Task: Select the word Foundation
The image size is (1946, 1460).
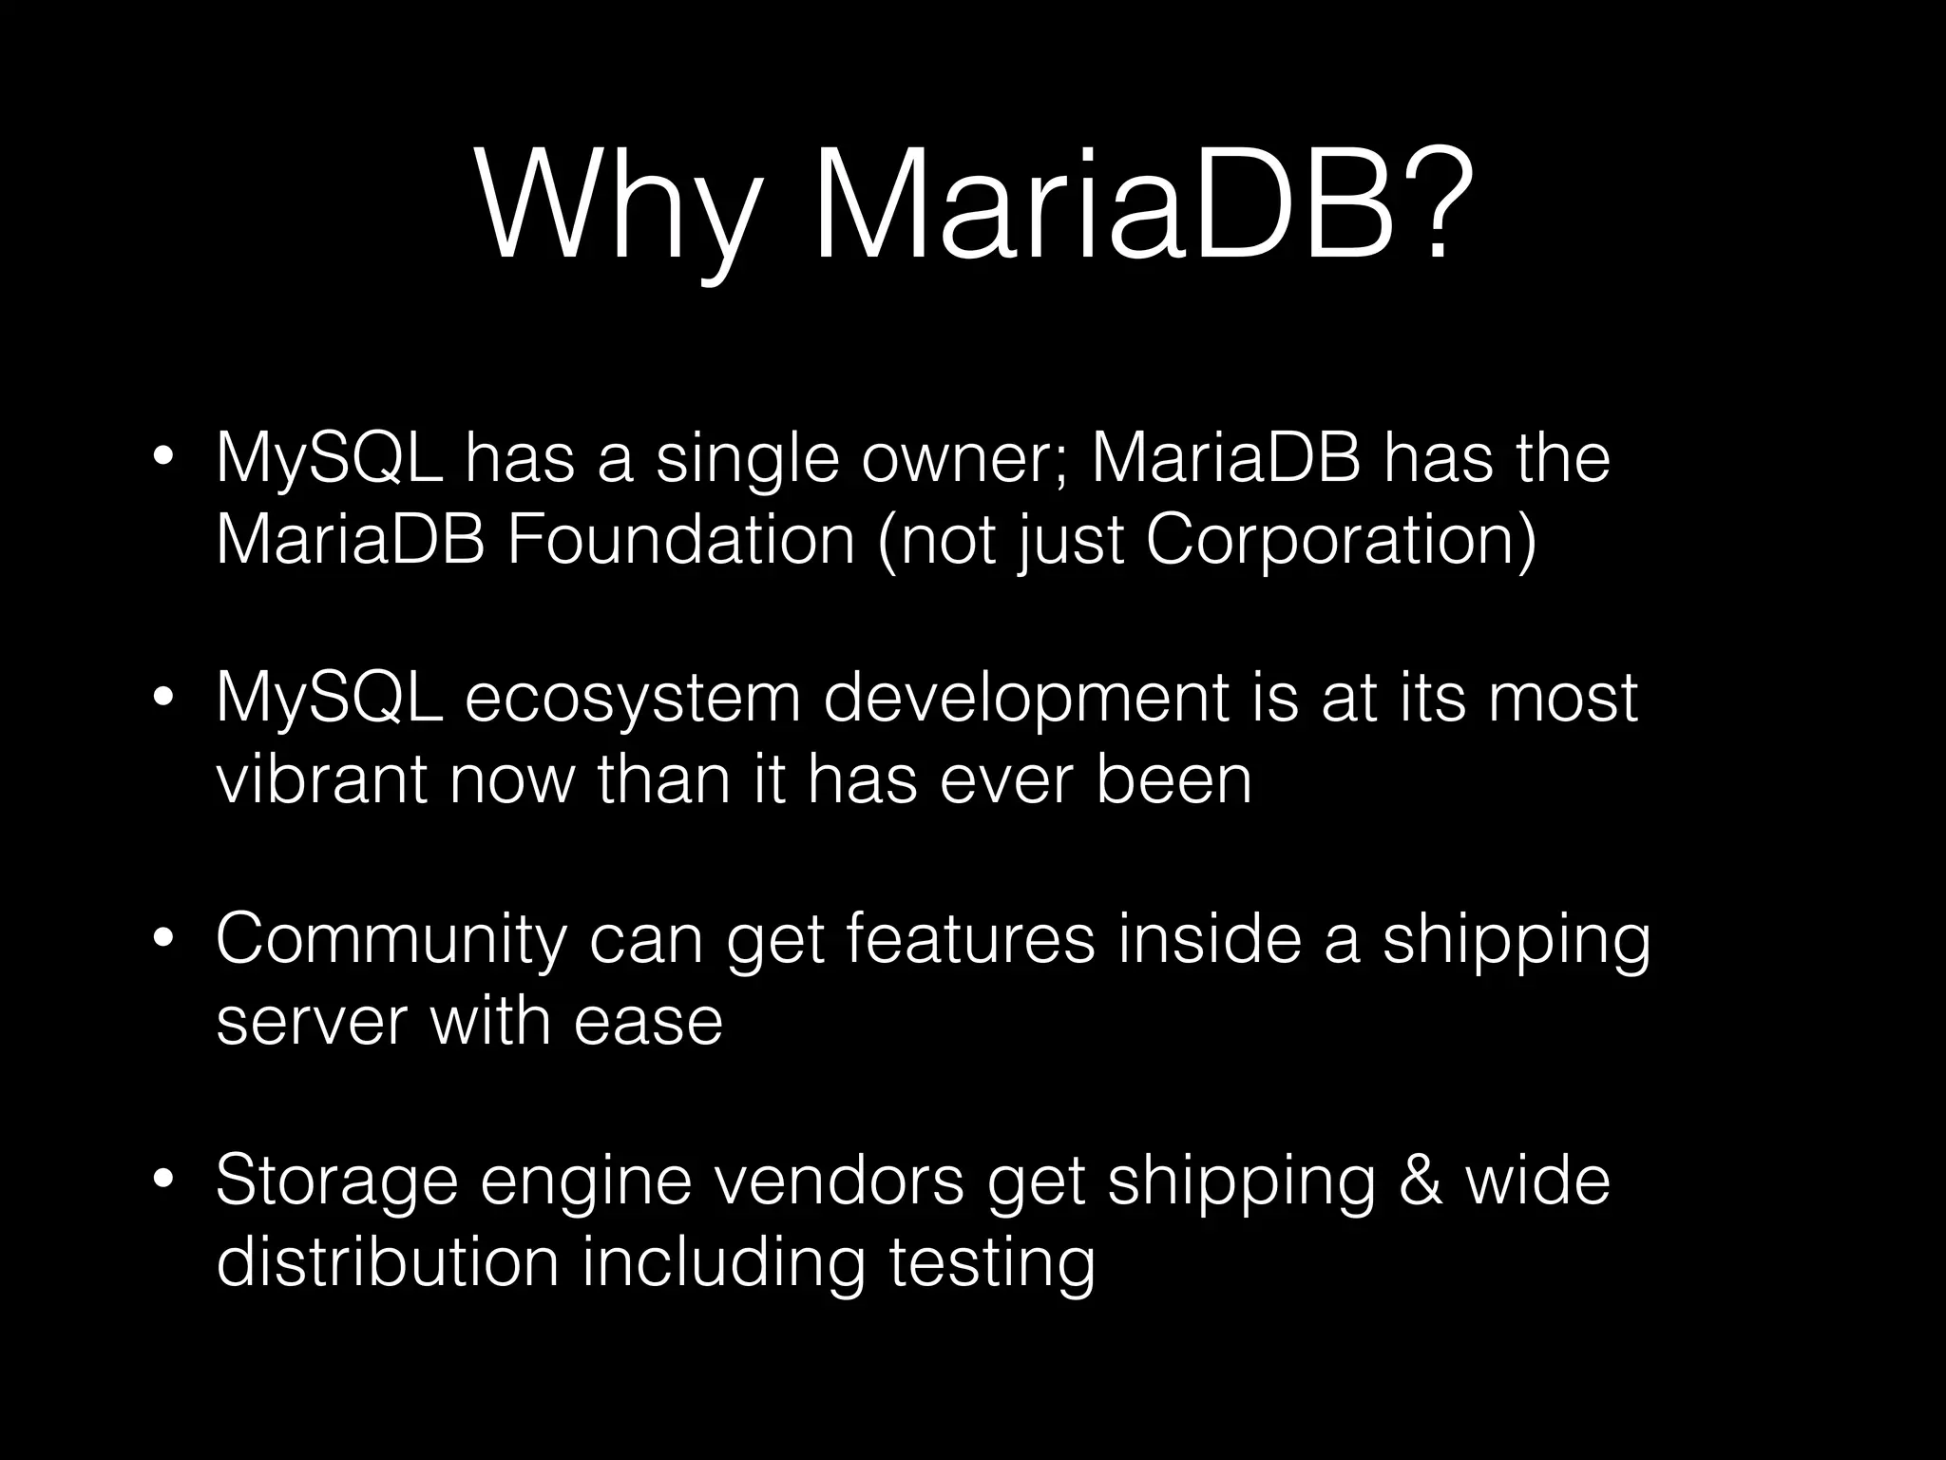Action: (x=680, y=540)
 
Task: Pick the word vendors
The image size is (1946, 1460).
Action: (x=837, y=1181)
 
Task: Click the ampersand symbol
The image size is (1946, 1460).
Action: (x=1421, y=1181)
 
